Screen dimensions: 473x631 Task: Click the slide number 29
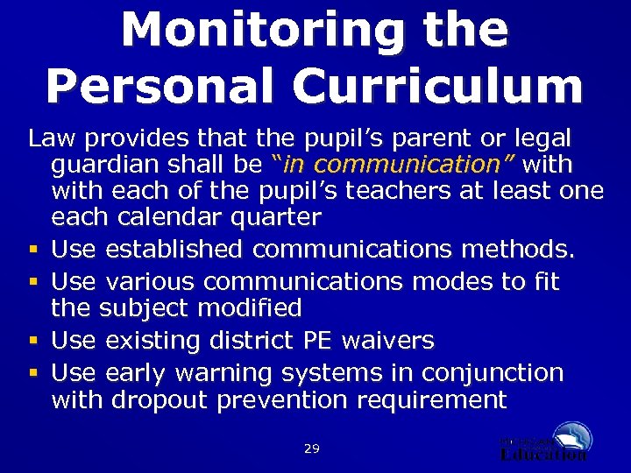(x=311, y=448)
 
